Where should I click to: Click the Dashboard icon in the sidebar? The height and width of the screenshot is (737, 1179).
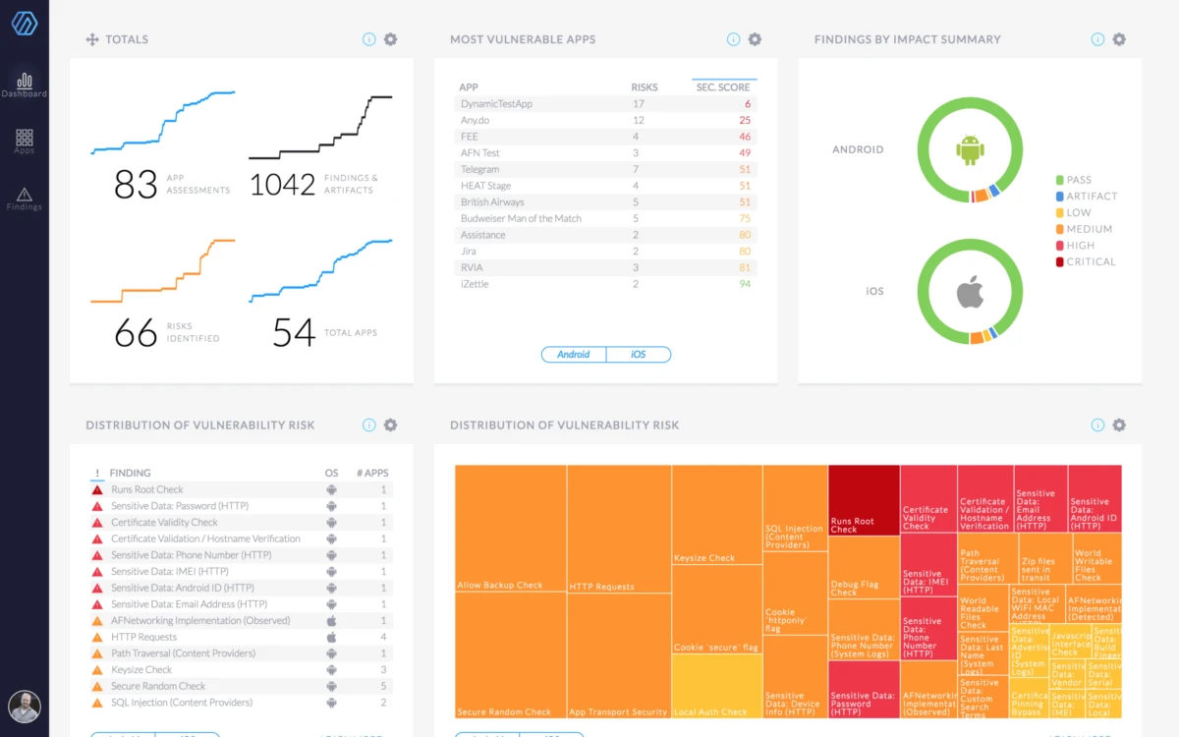(x=25, y=84)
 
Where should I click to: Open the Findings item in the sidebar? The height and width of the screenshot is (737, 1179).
(x=25, y=198)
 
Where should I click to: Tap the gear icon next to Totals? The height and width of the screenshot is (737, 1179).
(x=390, y=39)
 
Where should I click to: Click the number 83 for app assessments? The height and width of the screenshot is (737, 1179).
(x=136, y=184)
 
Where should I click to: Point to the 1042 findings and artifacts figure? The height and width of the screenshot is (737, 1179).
(x=282, y=184)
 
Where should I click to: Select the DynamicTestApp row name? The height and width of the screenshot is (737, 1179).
(x=496, y=103)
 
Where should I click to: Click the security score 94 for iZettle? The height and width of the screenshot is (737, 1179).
(x=745, y=284)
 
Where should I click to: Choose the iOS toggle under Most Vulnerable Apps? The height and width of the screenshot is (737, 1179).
(x=639, y=354)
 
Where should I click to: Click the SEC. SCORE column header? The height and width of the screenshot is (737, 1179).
(x=723, y=87)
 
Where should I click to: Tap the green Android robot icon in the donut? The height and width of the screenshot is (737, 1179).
(x=970, y=149)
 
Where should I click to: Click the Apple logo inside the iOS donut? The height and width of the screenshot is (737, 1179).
(x=970, y=291)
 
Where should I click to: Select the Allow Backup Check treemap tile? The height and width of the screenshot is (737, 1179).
(x=510, y=526)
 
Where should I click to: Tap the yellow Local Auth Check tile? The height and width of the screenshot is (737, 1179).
(x=717, y=686)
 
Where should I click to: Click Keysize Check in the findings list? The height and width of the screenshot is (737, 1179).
(x=141, y=669)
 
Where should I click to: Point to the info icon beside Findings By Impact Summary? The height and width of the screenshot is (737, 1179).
(x=1097, y=39)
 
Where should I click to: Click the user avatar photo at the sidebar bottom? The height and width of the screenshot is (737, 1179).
(x=25, y=707)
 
